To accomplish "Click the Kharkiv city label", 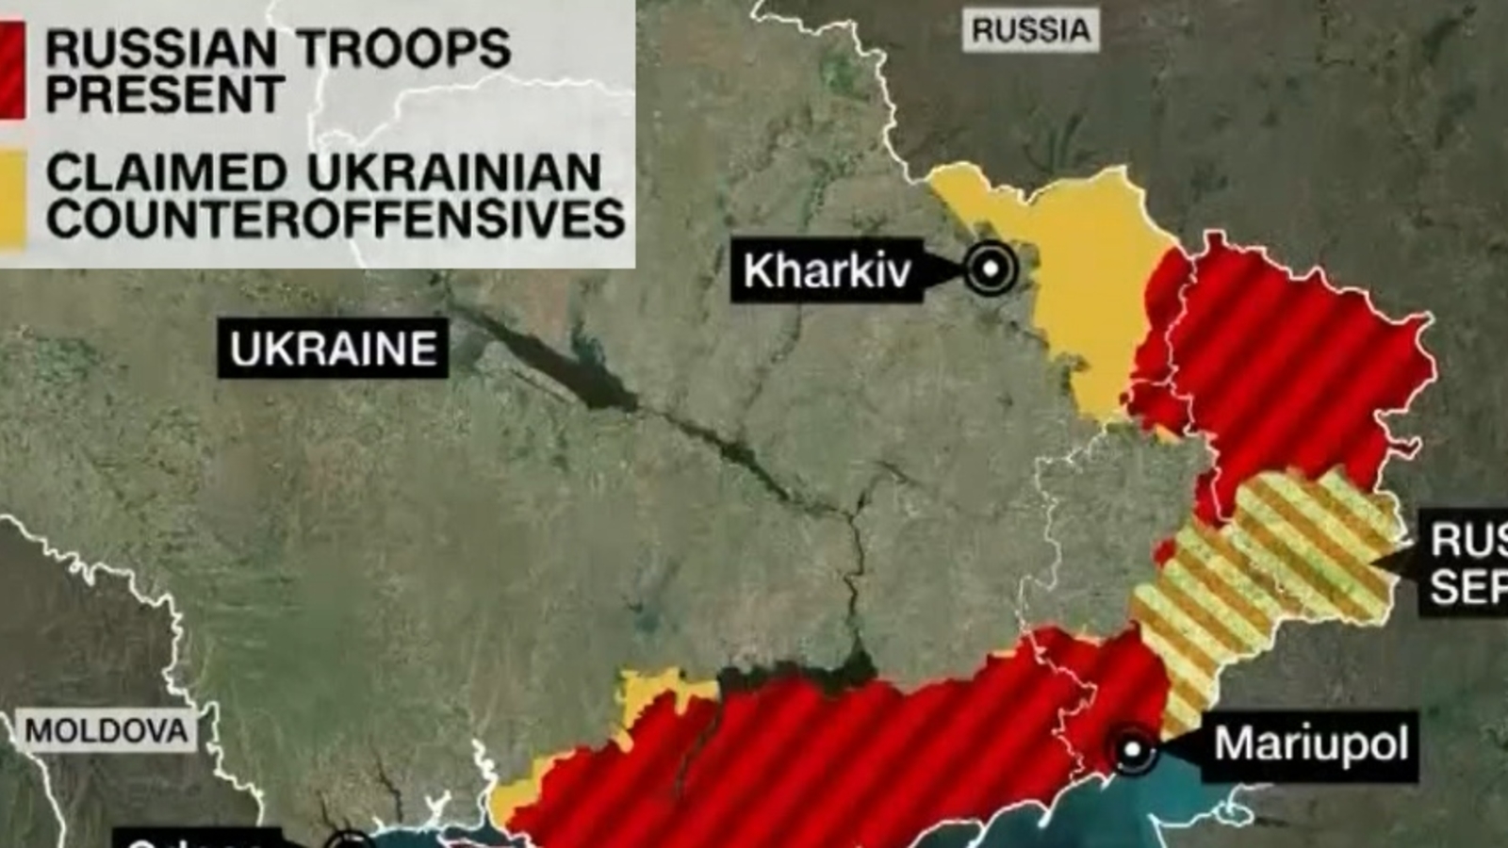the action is [x=827, y=270].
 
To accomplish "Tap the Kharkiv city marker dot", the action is [x=991, y=269].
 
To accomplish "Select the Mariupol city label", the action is [x=1310, y=744].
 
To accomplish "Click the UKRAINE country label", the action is [x=333, y=350].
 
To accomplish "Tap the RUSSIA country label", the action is [x=1030, y=30].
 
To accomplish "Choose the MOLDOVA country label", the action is [x=106, y=731].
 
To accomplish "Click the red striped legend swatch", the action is [x=11, y=71].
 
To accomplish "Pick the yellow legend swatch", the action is [x=11, y=198].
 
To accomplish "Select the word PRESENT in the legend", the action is [x=165, y=94].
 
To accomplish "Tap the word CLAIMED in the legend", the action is [x=166, y=172].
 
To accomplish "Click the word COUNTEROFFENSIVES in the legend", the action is [x=336, y=219].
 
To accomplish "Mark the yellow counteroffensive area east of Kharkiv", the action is [x=1084, y=273].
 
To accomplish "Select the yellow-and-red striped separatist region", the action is [x=1272, y=565].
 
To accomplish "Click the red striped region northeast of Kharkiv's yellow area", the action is [x=1291, y=358].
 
